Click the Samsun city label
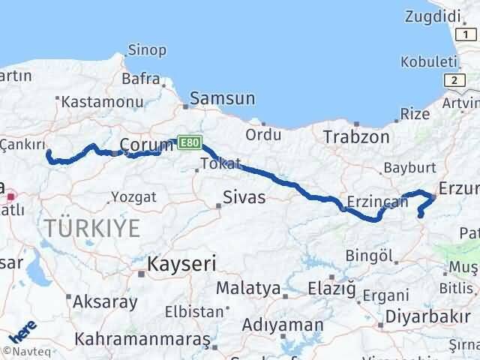point(223,99)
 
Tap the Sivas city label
point(241,199)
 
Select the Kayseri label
point(181,265)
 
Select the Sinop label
point(147,50)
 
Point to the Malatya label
point(248,288)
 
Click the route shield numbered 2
point(454,79)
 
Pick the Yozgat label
point(133,197)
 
